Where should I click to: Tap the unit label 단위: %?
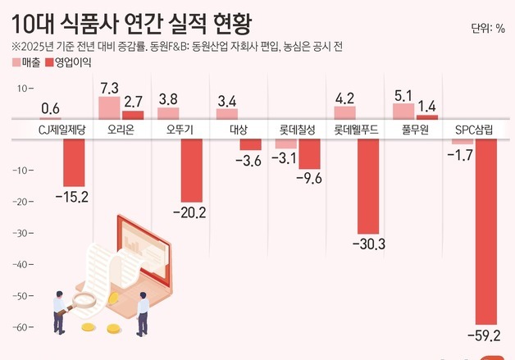[x=487, y=30]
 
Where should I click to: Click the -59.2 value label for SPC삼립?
[x=484, y=335]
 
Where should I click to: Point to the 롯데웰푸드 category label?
[x=357, y=130]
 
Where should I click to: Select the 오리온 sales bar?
[x=109, y=108]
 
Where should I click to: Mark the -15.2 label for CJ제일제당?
[x=71, y=196]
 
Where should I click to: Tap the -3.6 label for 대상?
[x=248, y=160]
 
